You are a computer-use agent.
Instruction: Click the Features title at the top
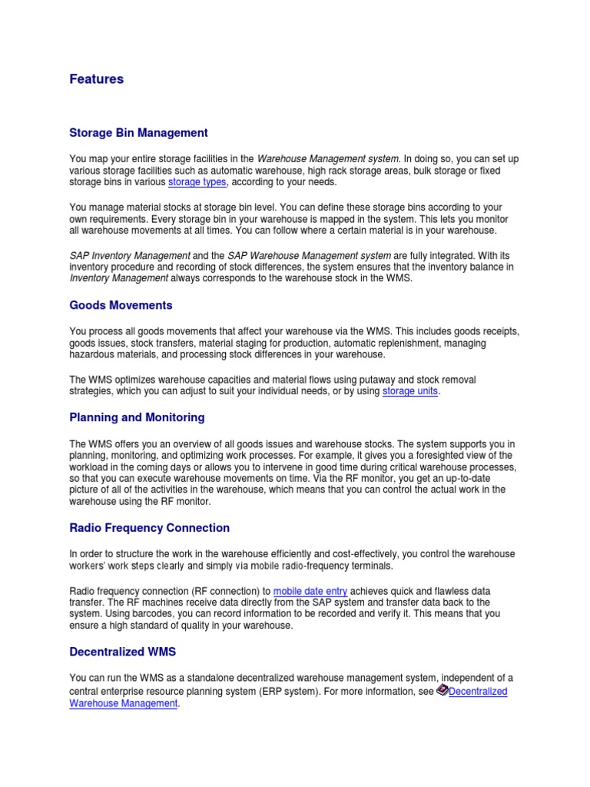pos(96,79)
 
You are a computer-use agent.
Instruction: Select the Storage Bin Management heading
pos(138,133)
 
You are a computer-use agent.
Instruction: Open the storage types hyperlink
pos(197,182)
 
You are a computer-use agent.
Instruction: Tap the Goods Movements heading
pos(121,305)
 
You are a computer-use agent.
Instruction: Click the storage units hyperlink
pos(410,391)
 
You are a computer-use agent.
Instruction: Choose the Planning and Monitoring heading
pos(137,417)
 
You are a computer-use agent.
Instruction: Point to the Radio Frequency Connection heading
pos(149,528)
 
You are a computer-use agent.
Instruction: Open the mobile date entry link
pos(310,591)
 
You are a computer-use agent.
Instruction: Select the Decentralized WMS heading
pos(122,652)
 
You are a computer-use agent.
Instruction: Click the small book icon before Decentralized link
pos(442,691)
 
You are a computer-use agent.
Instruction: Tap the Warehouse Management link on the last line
pos(123,703)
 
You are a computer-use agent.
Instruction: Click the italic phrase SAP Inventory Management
pos(130,254)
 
